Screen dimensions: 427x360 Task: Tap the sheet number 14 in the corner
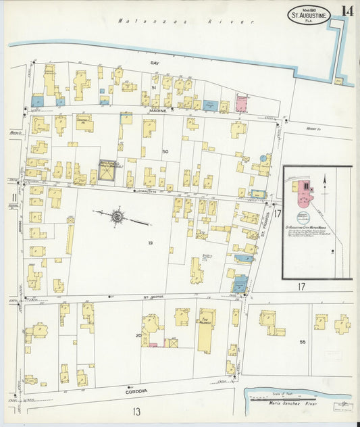pos(346,11)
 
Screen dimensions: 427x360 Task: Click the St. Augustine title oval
pos(310,15)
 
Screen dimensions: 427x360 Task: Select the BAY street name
pos(153,62)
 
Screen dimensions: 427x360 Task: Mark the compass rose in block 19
pos(117,216)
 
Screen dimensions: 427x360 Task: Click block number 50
pos(165,152)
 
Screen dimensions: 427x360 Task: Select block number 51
pos(153,88)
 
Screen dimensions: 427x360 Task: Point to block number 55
pos(303,342)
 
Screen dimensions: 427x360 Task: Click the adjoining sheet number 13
pos(136,411)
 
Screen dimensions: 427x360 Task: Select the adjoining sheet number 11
pos(14,198)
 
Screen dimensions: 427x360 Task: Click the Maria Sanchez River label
pos(292,403)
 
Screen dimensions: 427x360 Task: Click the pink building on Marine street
pos(241,103)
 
